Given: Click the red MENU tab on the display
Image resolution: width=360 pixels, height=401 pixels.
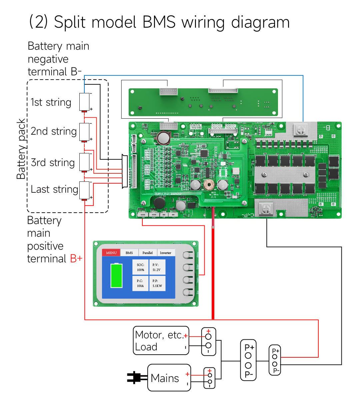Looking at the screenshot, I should tap(111, 253).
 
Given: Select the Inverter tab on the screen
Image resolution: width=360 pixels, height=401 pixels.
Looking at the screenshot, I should tap(165, 253).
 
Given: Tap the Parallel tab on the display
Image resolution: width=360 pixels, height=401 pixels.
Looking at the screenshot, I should tap(147, 253).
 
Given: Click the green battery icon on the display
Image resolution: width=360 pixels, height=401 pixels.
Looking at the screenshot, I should tap(116, 275).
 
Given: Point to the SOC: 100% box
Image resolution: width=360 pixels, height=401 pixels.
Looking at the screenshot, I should tap(140, 267).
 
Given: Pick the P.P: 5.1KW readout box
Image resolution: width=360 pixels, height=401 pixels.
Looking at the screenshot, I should tap(157, 283).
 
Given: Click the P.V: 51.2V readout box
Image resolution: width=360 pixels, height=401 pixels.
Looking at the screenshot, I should tap(157, 267).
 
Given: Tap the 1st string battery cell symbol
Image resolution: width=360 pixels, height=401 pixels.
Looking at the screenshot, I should tap(84, 102).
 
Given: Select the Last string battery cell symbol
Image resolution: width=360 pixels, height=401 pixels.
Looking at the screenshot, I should tap(84, 190).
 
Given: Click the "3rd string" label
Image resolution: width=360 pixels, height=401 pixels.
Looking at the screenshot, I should tap(53, 163).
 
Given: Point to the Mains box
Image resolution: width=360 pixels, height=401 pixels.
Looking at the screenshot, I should tap(169, 378).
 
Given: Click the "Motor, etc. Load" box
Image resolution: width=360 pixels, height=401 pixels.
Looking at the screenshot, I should tap(161, 340).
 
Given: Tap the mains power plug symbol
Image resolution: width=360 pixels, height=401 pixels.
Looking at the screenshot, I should tap(137, 377).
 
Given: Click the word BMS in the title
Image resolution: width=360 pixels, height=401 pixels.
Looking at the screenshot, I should tap(159, 22).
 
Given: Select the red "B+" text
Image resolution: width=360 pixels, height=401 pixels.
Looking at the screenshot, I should tap(76, 259).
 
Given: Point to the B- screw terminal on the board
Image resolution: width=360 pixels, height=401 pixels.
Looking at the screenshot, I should tap(301, 130).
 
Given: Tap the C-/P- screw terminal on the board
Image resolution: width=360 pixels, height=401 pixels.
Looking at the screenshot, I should tap(266, 209).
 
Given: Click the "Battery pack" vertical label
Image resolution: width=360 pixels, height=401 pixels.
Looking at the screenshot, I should tap(21, 149).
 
